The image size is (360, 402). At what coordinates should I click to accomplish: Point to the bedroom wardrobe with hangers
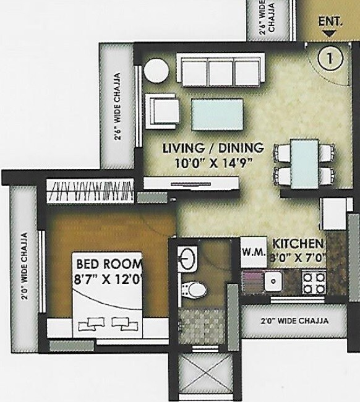coord(92,190)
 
